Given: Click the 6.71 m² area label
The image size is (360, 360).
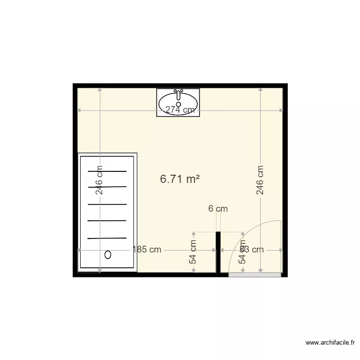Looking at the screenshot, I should (180, 179).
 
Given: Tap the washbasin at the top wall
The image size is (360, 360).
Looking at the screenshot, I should (178, 102).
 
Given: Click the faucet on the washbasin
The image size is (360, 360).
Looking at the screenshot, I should (179, 92).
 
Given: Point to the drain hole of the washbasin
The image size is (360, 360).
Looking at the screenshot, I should (179, 104).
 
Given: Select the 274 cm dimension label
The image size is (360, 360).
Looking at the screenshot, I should (180, 110).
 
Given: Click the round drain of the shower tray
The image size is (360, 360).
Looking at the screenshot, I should (108, 255).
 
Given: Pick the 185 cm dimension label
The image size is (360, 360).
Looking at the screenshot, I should (147, 250).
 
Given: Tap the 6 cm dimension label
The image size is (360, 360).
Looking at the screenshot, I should (218, 209).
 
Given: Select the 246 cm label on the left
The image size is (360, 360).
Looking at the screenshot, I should (99, 180).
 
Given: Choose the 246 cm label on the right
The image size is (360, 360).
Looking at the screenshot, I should (260, 180).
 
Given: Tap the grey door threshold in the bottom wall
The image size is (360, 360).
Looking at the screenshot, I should (254, 275).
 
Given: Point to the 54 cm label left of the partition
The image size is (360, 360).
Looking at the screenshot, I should (193, 252).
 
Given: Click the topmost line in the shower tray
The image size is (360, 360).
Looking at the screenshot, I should (107, 171).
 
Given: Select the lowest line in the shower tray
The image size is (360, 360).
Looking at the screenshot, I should (107, 238).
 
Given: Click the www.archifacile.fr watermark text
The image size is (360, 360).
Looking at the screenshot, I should (331, 342).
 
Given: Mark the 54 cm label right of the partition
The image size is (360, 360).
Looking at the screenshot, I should (243, 252).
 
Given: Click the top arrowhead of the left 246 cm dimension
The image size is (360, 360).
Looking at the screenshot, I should (99, 90).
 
